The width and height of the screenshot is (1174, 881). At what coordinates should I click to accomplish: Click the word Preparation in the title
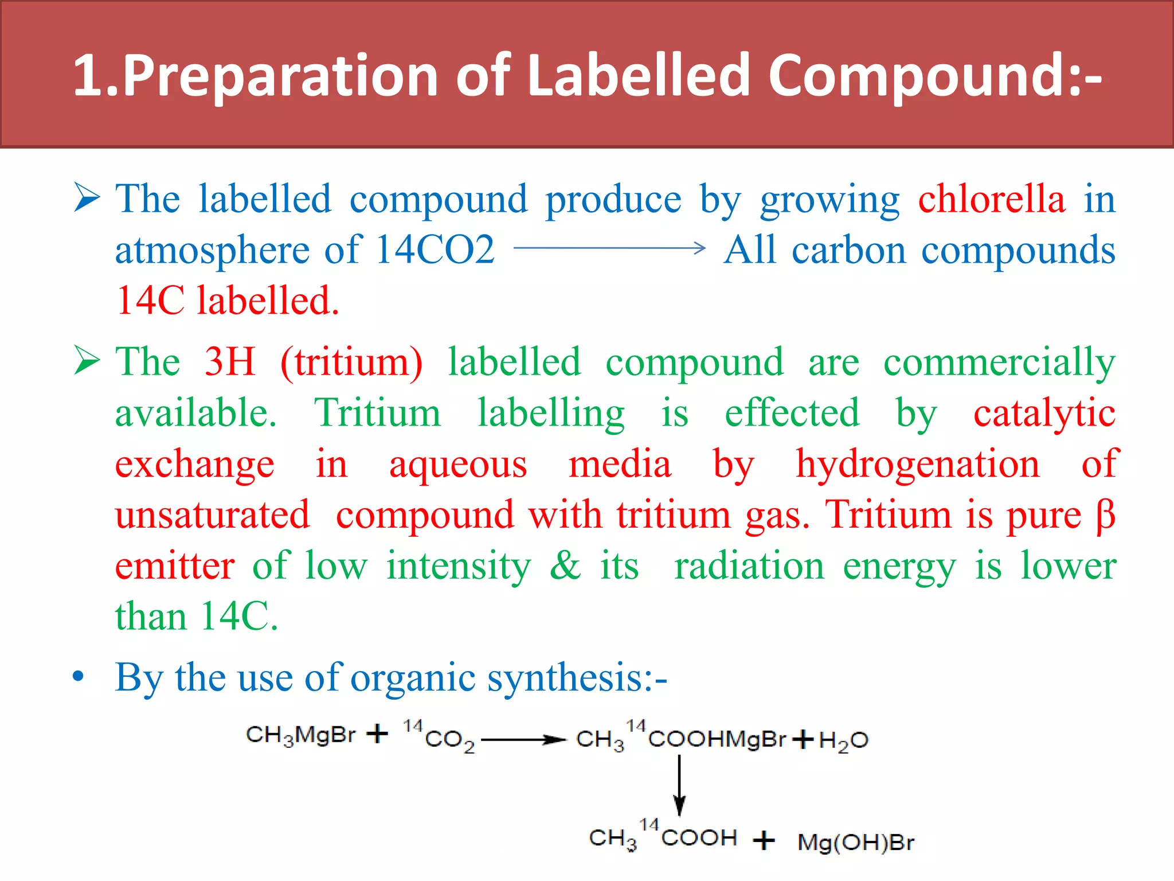[281, 76]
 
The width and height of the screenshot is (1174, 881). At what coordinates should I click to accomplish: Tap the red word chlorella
[992, 199]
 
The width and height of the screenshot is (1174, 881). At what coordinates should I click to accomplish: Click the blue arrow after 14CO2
[609, 248]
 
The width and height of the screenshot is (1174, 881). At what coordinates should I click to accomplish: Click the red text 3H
[230, 362]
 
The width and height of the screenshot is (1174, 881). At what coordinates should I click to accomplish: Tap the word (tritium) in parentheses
[351, 363]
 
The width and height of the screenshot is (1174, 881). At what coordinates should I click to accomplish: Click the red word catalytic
[1044, 414]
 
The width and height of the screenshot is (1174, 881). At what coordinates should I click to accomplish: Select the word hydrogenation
[917, 464]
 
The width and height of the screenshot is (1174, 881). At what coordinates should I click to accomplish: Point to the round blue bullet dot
[79, 677]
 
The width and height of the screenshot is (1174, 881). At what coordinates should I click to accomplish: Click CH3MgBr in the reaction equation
[301, 735]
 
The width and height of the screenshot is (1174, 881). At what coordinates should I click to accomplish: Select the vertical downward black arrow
[679, 785]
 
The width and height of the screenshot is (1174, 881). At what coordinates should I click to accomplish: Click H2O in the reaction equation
[843, 740]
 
